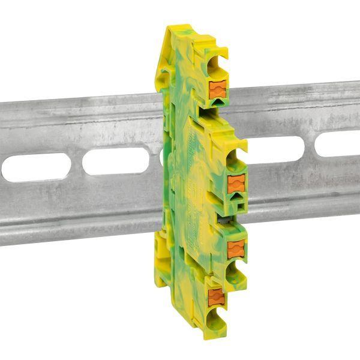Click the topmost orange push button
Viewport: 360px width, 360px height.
218,91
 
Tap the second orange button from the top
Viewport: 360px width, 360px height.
236,184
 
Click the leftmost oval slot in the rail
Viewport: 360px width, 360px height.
36,167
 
